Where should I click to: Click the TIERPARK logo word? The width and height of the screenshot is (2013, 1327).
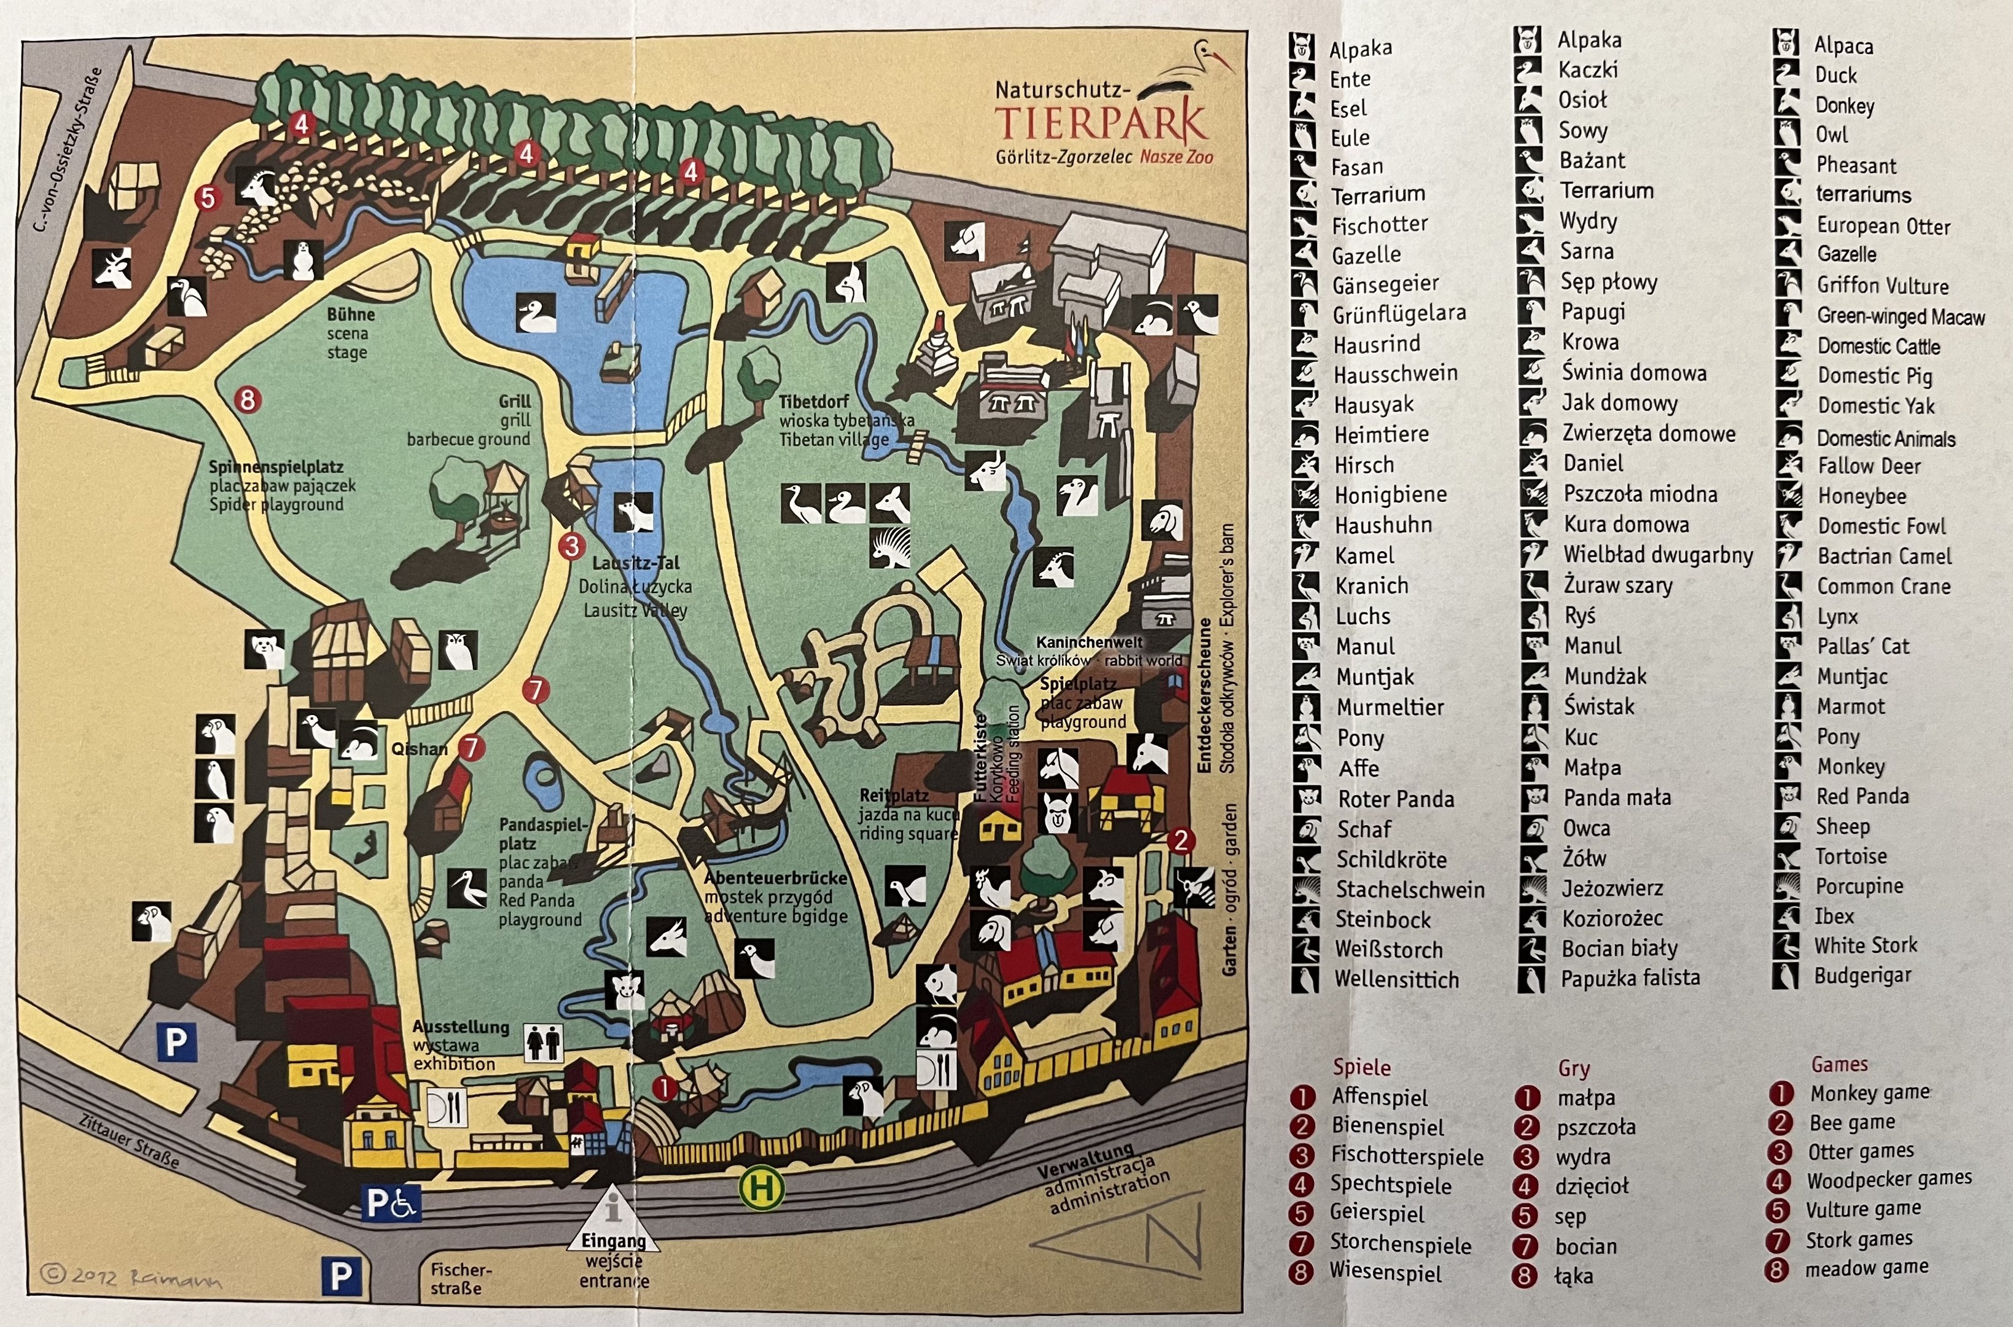click(x=1100, y=123)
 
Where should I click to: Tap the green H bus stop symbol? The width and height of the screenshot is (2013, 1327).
click(x=760, y=1188)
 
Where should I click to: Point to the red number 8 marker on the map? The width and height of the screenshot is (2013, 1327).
click(x=247, y=399)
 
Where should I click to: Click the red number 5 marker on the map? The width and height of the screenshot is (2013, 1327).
click(x=207, y=198)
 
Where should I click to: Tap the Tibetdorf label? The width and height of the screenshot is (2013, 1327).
click(x=814, y=401)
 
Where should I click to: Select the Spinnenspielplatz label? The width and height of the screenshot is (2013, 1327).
click(x=276, y=467)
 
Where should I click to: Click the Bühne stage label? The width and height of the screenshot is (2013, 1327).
click(x=350, y=315)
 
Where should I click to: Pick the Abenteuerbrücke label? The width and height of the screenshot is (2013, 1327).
click(x=775, y=879)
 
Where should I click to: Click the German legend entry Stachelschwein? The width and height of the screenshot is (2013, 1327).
click(x=1410, y=890)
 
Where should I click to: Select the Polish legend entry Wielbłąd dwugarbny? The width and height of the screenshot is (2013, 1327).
click(x=1657, y=555)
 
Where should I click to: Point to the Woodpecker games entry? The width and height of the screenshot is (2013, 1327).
click(x=1889, y=1179)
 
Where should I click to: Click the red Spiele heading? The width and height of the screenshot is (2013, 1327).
click(x=1361, y=1067)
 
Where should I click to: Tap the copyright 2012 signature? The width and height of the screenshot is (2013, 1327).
click(x=131, y=1276)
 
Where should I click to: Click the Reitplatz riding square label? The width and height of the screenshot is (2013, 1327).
click(x=894, y=796)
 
